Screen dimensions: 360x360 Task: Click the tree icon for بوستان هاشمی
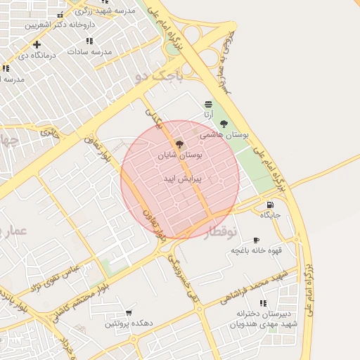click(224, 124)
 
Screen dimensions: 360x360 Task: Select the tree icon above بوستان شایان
click(180, 143)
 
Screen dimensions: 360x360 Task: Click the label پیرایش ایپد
click(182, 179)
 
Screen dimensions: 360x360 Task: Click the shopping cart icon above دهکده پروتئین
click(128, 313)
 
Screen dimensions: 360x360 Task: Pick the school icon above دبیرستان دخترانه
click(262, 303)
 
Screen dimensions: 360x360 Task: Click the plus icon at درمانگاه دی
click(36, 45)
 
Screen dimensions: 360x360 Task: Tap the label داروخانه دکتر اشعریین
click(60, 24)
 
